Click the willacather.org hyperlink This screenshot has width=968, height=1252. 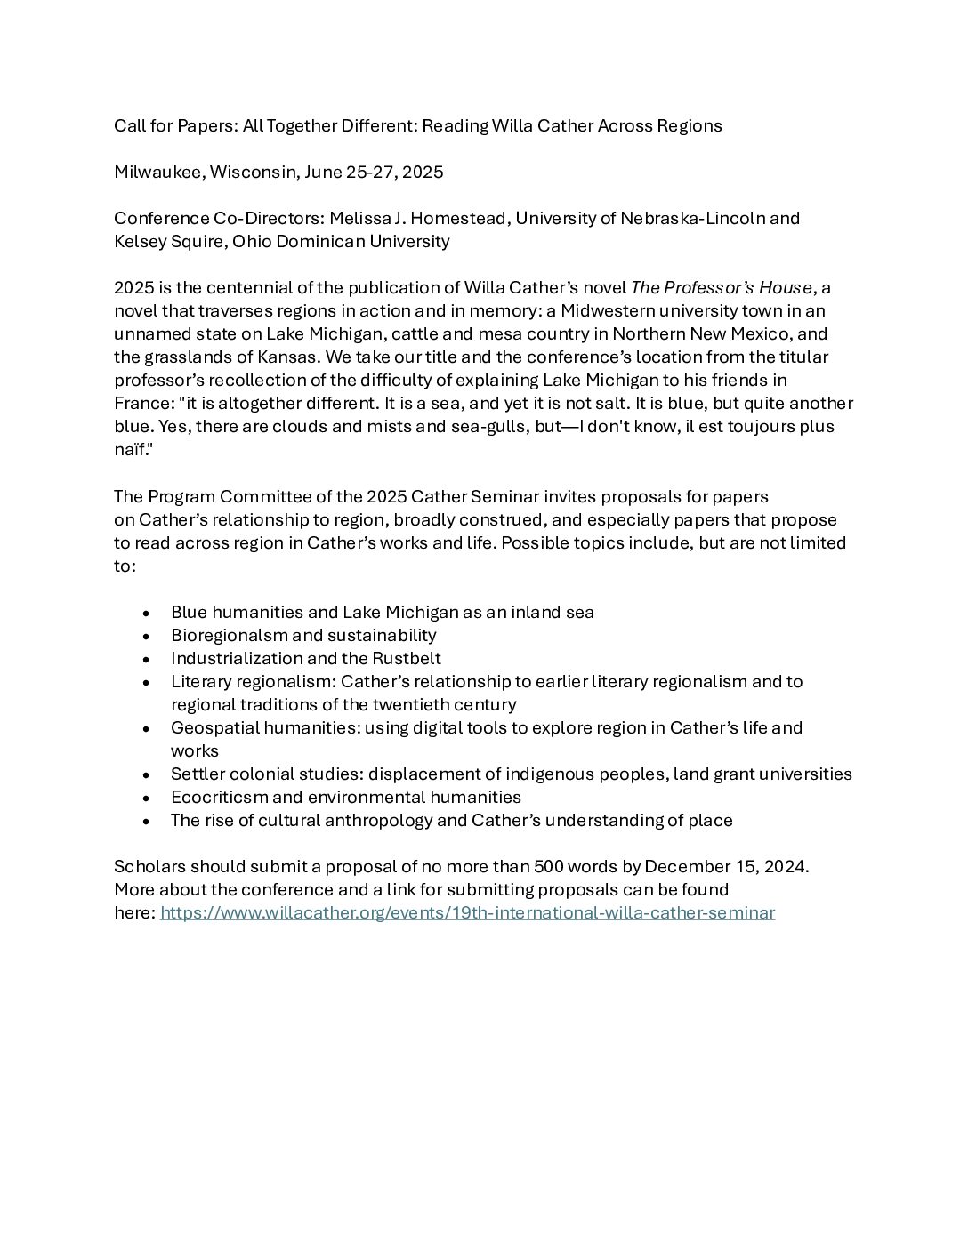[x=467, y=913]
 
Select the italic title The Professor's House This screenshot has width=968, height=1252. [x=721, y=288]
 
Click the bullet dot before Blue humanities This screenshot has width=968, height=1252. [x=146, y=614]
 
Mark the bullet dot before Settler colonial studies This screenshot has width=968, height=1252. [x=146, y=775]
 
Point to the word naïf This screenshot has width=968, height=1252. [x=131, y=450]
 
